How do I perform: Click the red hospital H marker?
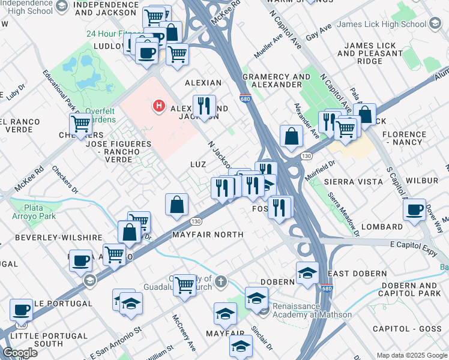[x=159, y=106]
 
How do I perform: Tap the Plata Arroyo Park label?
[x=34, y=212]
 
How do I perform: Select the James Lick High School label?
[x=381, y=25]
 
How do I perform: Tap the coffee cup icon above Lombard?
[x=414, y=211]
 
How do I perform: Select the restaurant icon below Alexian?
[x=205, y=107]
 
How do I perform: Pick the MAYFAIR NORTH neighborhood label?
[x=208, y=235]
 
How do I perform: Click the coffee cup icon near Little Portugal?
[x=22, y=310]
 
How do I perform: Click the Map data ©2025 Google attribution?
[x=411, y=355]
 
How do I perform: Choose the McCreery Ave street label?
[x=184, y=332]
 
